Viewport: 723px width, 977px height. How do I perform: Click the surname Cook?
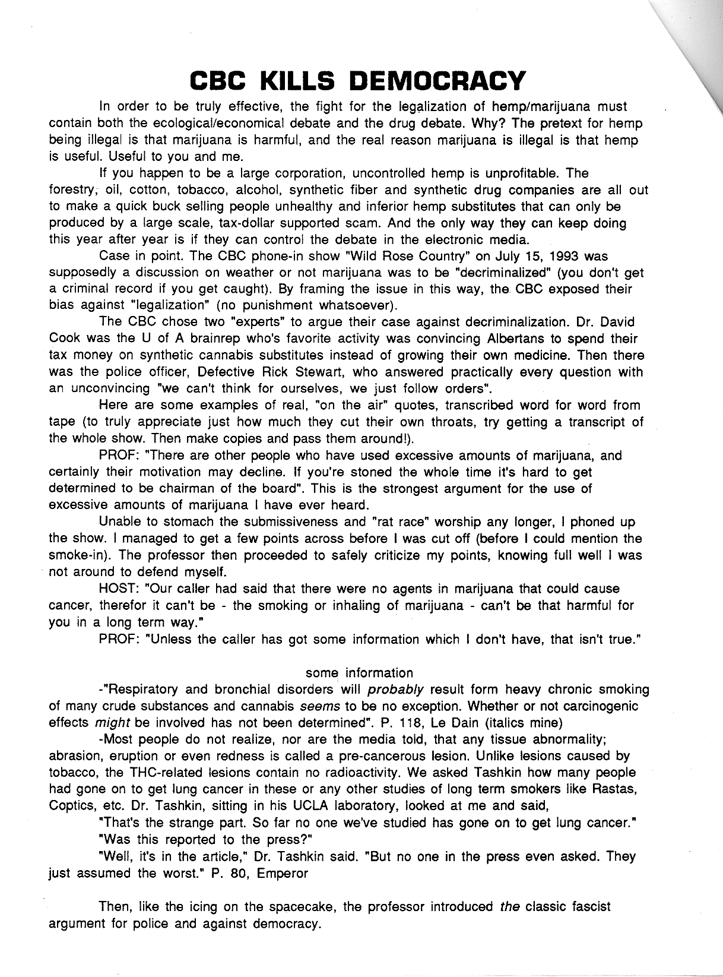(x=62, y=339)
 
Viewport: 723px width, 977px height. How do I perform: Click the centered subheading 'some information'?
(x=359, y=673)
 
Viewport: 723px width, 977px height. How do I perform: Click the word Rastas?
(x=616, y=789)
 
